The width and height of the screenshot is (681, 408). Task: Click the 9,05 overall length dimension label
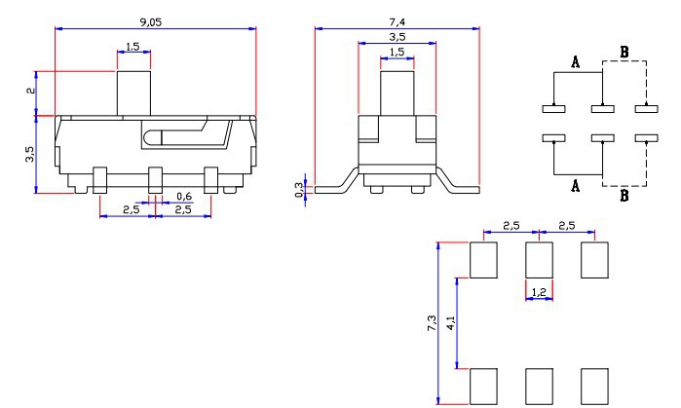(x=150, y=22)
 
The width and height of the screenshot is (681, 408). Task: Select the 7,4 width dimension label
(x=397, y=22)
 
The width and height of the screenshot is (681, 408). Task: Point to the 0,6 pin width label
(x=184, y=196)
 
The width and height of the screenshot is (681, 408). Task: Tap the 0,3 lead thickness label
(x=299, y=190)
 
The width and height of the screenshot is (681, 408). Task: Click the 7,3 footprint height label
(x=432, y=323)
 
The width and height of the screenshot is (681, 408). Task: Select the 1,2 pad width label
(x=539, y=292)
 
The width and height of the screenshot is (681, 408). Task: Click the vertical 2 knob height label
(x=30, y=91)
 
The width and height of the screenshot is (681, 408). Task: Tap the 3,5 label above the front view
(x=397, y=37)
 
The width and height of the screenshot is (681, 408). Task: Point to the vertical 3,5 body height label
(x=29, y=154)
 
